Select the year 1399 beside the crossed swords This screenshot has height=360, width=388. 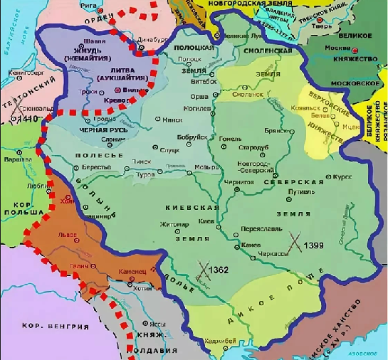(315, 245)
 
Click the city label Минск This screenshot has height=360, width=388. (172, 120)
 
